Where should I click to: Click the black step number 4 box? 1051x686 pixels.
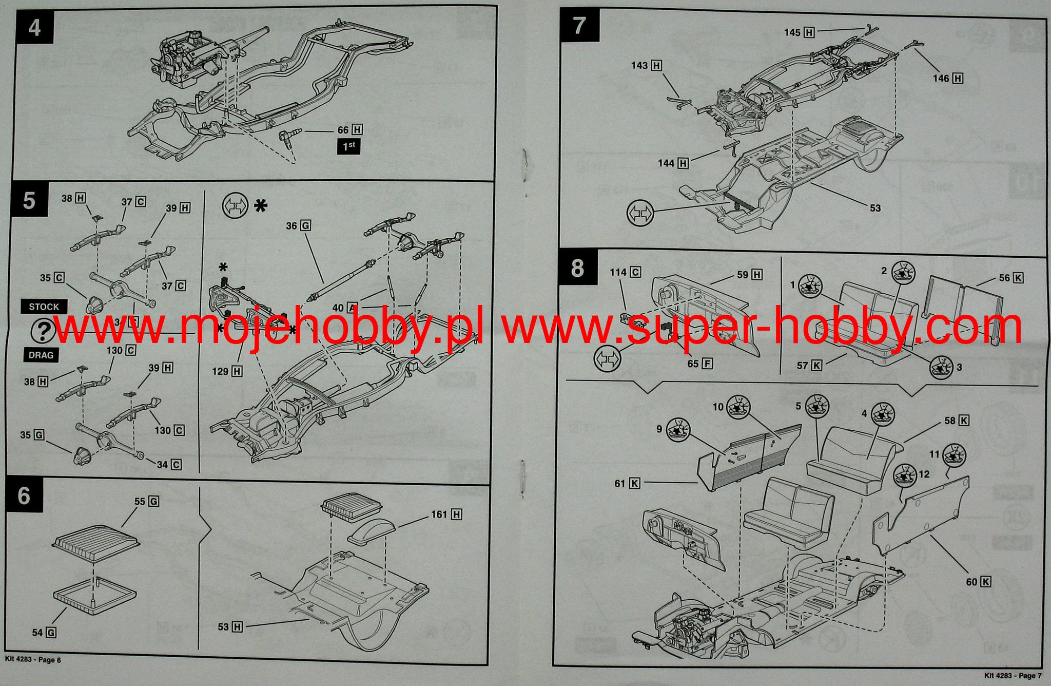click(34, 28)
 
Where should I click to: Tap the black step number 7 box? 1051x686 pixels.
click(579, 25)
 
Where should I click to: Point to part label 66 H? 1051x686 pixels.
click(349, 130)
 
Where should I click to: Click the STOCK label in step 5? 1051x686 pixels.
click(44, 307)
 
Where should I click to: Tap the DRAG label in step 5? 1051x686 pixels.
click(41, 355)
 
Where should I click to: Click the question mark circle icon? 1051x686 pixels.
click(43, 332)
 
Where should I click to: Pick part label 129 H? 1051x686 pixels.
click(227, 371)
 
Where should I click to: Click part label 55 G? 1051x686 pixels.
click(146, 501)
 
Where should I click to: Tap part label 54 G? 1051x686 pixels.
click(44, 632)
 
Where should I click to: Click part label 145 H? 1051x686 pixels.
click(799, 32)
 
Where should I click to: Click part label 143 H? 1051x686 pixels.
click(646, 65)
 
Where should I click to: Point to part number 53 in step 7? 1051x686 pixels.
click(875, 208)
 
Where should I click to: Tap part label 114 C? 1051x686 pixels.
click(625, 272)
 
